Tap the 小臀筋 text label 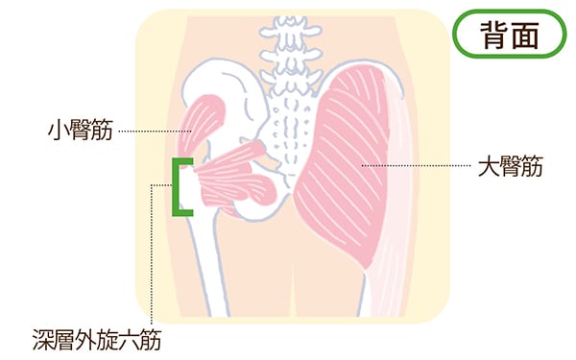[x=80, y=130]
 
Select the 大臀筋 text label [x=510, y=167]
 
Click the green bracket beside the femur [x=179, y=186]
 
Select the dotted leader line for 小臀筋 [x=154, y=130]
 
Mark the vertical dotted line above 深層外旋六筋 [x=151, y=250]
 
